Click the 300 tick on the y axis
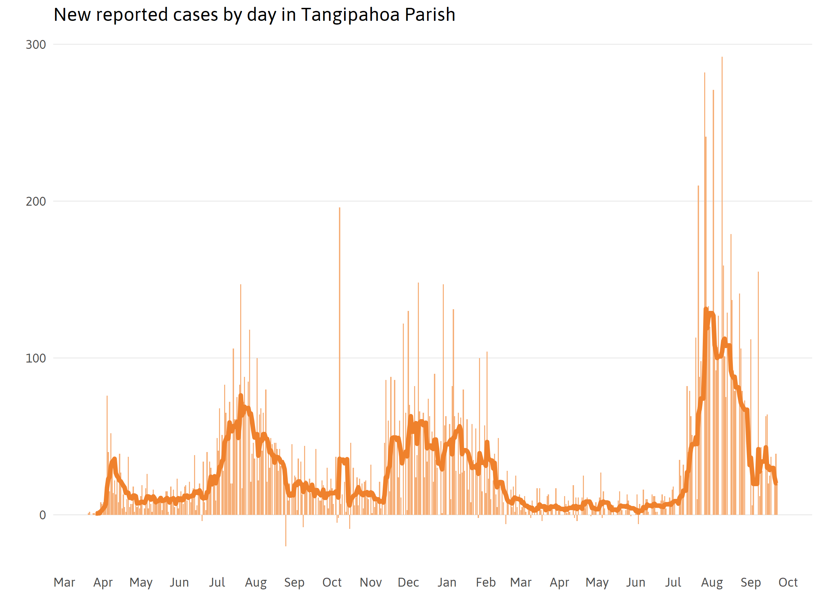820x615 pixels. [x=36, y=45]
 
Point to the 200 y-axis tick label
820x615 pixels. [x=36, y=202]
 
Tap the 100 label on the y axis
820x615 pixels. [x=36, y=358]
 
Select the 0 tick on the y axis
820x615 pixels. [x=43, y=515]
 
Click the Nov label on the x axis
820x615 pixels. [x=370, y=583]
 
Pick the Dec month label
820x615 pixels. [x=408, y=583]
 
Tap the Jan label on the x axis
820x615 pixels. [x=447, y=583]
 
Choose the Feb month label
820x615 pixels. [x=486, y=583]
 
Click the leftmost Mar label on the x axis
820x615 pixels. [x=64, y=583]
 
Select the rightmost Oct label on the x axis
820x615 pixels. [x=788, y=583]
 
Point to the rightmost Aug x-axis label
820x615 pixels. [x=712, y=583]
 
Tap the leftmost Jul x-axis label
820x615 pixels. [x=217, y=583]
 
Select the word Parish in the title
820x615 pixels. [x=430, y=15]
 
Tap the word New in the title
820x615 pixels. [x=72, y=15]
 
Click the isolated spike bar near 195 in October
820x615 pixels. [x=340, y=333]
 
